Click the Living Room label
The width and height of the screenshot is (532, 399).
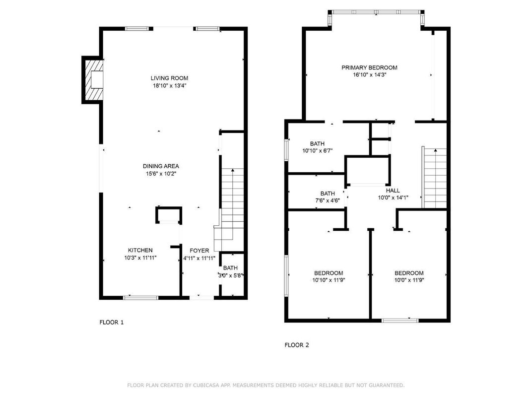[169, 78]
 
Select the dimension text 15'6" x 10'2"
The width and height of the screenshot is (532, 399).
[161, 174]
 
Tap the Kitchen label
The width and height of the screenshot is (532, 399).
[140, 250]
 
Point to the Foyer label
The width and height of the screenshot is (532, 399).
[199, 251]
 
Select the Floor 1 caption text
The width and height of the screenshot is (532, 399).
[112, 322]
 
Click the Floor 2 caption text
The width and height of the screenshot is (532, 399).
[297, 345]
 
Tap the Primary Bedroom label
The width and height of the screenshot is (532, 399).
[369, 67]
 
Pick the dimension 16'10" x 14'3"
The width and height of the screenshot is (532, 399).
[369, 75]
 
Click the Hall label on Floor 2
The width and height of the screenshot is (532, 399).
[393, 190]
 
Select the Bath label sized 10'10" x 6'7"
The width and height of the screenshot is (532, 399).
[317, 143]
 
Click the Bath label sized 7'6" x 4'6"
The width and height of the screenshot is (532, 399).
[328, 194]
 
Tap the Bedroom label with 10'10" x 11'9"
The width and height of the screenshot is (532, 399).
[329, 273]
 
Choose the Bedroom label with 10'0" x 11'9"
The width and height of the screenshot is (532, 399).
[409, 273]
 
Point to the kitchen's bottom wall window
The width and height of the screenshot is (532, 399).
[141, 297]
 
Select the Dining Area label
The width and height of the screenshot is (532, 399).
[161, 166]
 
